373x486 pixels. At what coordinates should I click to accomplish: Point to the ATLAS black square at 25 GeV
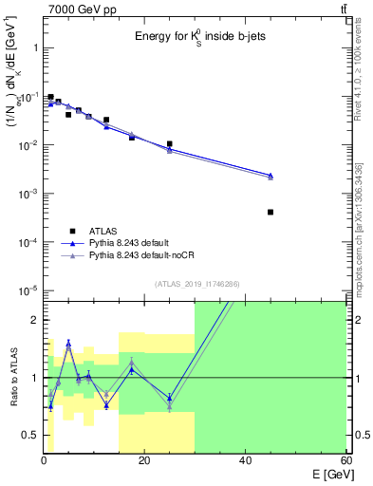point(169,144)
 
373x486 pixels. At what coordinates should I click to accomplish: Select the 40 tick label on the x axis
point(245,461)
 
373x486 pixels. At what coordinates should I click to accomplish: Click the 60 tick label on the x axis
point(345,461)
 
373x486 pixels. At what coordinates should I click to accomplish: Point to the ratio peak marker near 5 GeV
point(68,344)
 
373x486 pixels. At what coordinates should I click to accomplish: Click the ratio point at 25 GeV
point(169,399)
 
